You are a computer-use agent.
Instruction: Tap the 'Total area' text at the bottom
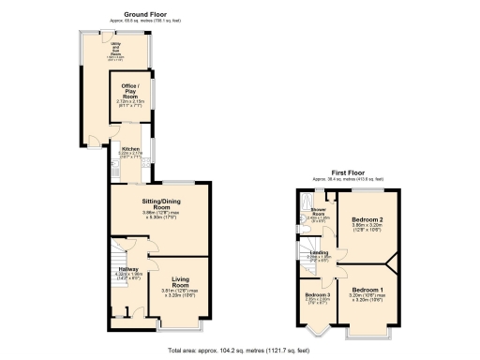tap(239, 348)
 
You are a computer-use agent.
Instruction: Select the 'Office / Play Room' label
tap(130, 92)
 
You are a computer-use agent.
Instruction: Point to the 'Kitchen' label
tap(129, 149)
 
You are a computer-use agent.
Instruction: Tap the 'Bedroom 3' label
tap(317, 295)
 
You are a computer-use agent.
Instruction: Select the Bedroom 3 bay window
tap(317, 331)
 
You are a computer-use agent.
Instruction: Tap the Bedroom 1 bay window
tap(367, 331)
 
